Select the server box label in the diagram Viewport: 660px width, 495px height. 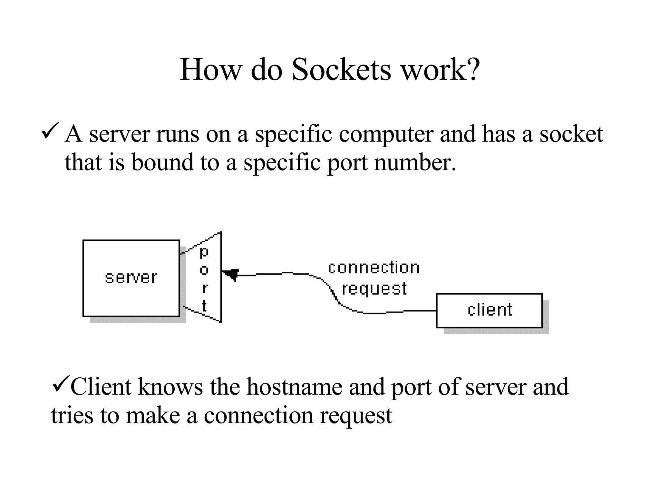(x=131, y=277)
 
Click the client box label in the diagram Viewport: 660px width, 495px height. (x=490, y=310)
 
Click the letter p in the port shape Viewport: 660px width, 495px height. (x=204, y=253)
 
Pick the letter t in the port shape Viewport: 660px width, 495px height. (x=204, y=306)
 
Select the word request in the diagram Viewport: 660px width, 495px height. (x=374, y=289)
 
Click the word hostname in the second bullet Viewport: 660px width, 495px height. (x=294, y=387)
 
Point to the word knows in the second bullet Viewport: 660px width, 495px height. (x=170, y=387)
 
